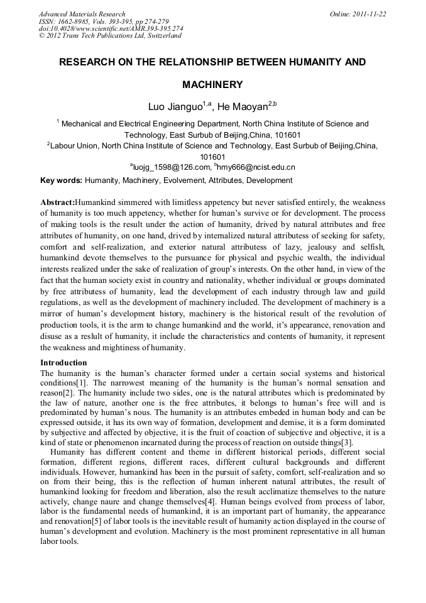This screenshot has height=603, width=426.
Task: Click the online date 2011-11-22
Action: tap(370, 14)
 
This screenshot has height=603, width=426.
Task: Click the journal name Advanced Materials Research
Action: tap(82, 14)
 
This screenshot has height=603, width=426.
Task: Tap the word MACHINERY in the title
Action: tap(212, 84)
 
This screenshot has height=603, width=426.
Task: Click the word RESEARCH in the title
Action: tap(88, 63)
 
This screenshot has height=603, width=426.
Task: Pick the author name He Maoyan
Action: tap(242, 108)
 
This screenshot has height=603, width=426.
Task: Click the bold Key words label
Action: tap(61, 180)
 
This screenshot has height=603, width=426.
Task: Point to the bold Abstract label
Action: tap(57, 202)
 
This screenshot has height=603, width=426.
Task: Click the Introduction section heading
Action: tap(63, 363)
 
